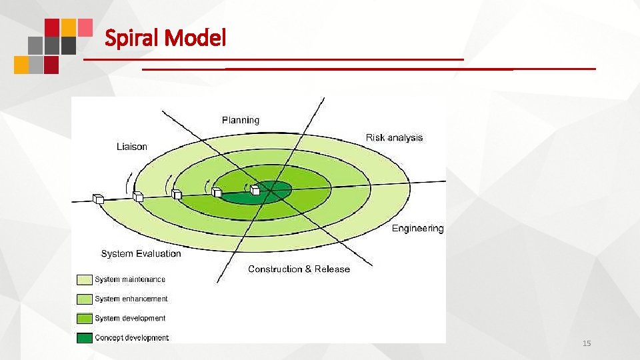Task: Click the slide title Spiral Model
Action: point(165,39)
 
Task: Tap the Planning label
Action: point(241,120)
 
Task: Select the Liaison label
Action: point(131,147)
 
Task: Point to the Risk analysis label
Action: point(394,137)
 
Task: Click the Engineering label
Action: point(417,229)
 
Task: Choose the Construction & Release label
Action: point(299,269)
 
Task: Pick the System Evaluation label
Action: point(141,253)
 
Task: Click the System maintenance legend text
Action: point(130,279)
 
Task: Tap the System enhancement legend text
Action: point(131,299)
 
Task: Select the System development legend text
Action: point(130,318)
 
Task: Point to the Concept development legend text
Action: point(131,337)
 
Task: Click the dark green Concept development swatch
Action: point(85,338)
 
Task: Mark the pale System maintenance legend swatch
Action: point(85,279)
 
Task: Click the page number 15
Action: point(587,343)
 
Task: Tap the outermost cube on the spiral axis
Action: point(99,198)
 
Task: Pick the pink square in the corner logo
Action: point(85,27)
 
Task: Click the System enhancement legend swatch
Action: point(85,299)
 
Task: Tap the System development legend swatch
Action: point(85,319)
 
